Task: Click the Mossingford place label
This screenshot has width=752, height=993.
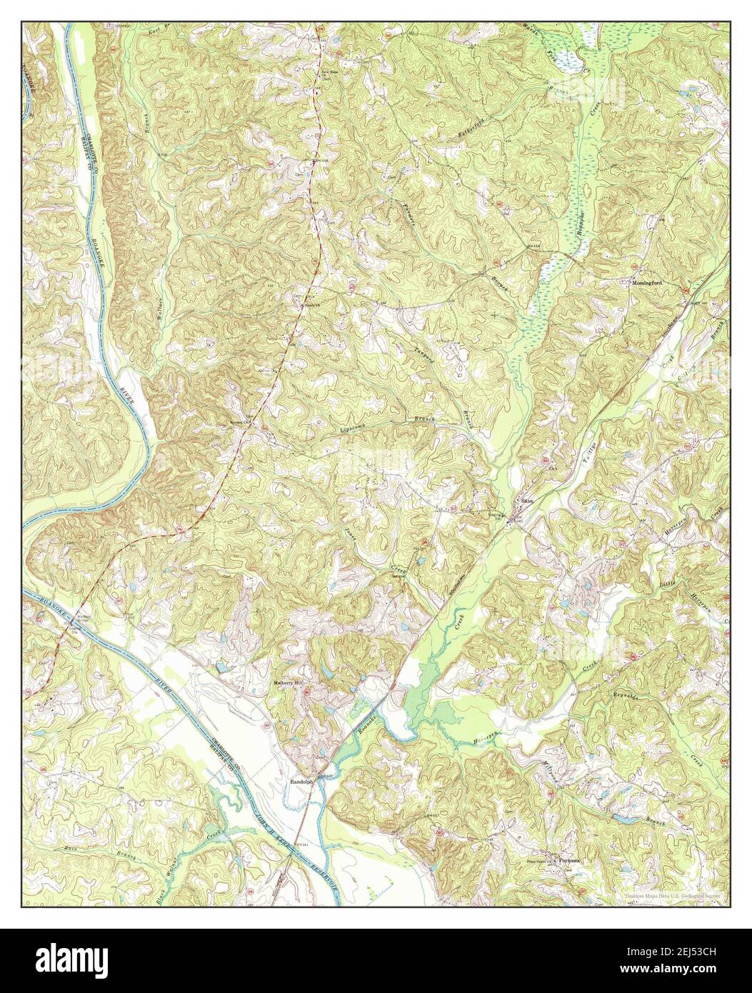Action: pyautogui.click(x=648, y=283)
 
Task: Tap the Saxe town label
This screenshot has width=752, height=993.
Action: pyautogui.click(x=527, y=501)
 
